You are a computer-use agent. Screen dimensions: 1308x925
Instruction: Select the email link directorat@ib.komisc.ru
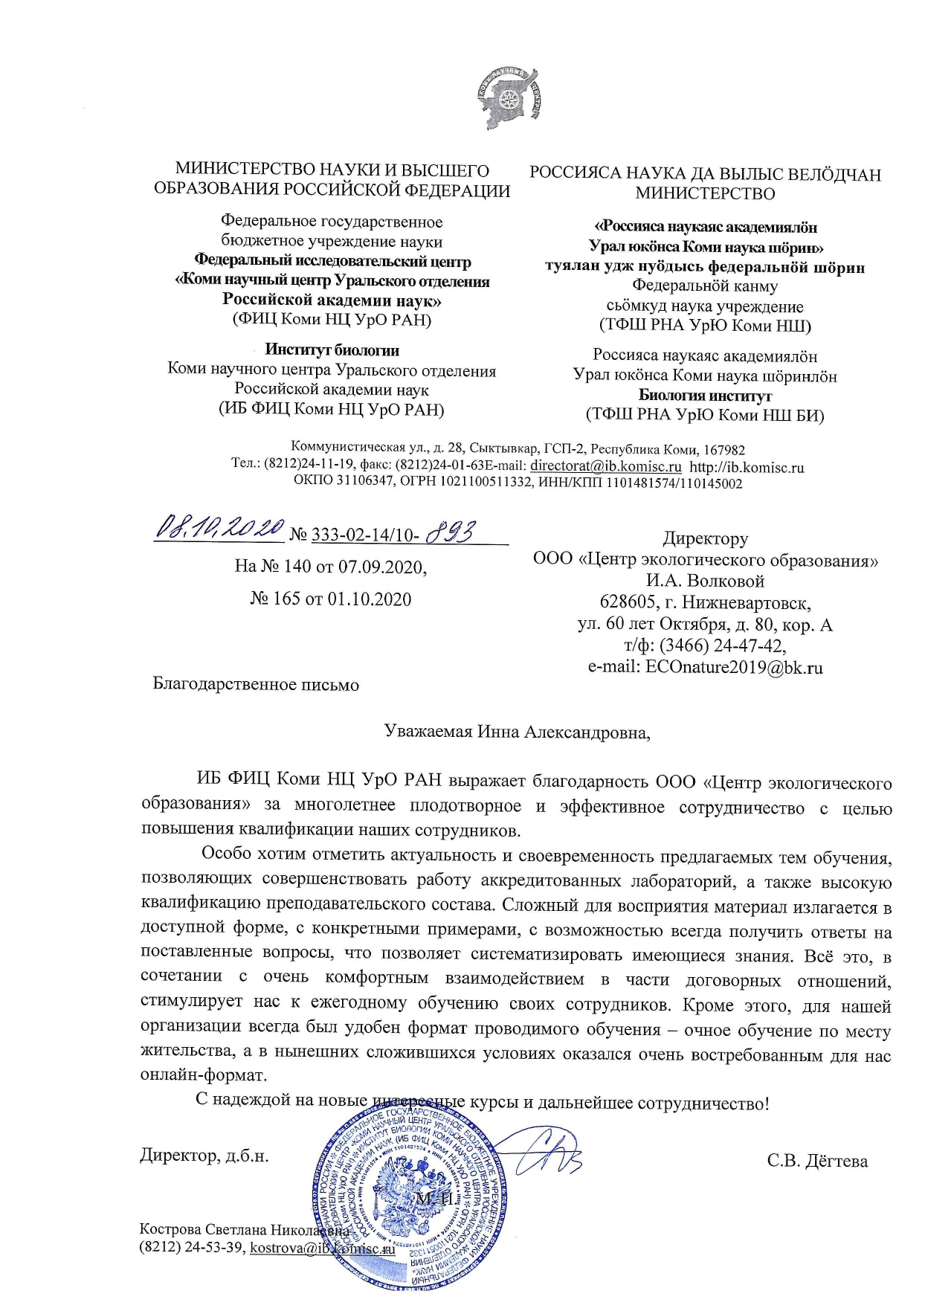(x=605, y=467)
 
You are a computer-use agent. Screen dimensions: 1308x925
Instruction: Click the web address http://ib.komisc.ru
(x=747, y=467)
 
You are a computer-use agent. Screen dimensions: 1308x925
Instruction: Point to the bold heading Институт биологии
(x=332, y=350)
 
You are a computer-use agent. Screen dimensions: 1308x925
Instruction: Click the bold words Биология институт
(x=705, y=396)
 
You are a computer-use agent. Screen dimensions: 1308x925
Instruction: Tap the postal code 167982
(x=723, y=450)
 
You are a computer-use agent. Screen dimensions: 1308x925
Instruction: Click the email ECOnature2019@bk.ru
(x=734, y=667)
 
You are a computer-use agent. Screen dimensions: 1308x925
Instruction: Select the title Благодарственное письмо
(x=256, y=684)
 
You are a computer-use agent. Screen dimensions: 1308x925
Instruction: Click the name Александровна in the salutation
(x=587, y=732)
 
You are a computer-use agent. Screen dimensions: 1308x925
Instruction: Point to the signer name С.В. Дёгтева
(x=817, y=1161)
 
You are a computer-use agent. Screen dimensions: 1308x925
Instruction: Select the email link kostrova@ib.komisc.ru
(x=322, y=1247)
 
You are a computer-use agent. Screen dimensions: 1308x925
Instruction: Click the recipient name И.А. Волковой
(x=705, y=581)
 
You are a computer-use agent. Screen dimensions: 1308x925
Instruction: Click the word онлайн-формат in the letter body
(x=203, y=1075)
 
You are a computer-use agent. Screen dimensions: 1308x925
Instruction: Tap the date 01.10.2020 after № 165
(x=370, y=599)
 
